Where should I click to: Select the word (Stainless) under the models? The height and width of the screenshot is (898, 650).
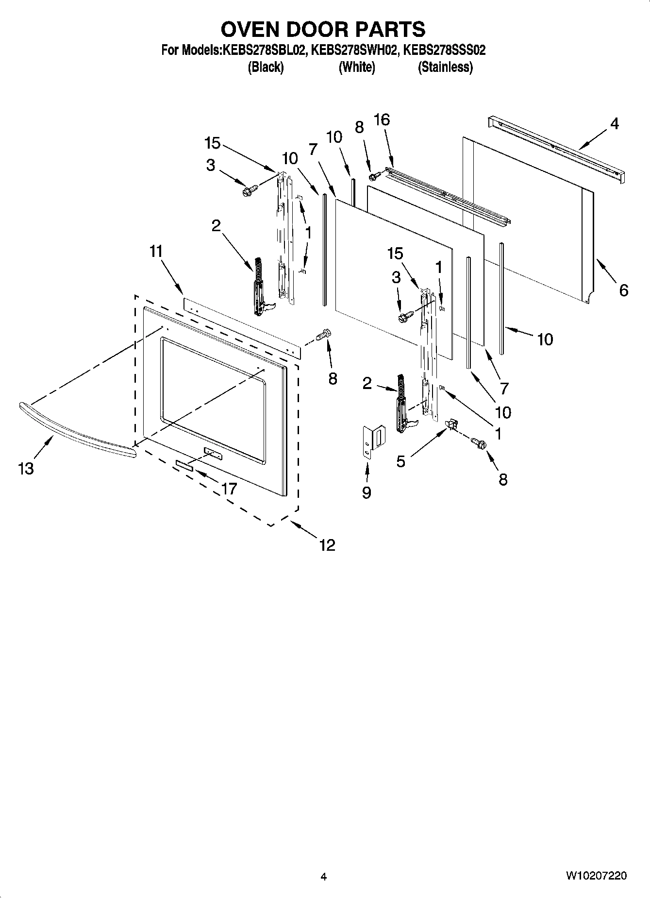[x=445, y=67]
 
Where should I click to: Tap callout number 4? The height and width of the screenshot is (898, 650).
[x=614, y=124]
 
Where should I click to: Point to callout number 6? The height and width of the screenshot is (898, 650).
[x=623, y=290]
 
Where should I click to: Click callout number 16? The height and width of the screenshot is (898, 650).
[x=382, y=119]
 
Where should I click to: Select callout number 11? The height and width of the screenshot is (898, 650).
[x=156, y=252]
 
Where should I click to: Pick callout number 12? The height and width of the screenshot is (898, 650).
[x=327, y=545]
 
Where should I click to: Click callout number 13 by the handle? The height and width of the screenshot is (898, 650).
[x=26, y=469]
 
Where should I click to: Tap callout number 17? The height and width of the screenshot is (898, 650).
[x=229, y=488]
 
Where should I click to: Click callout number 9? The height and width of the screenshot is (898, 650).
[x=367, y=492]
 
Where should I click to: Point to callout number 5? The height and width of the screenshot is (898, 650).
[x=400, y=461]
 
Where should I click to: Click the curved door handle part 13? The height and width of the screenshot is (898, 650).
[x=73, y=426]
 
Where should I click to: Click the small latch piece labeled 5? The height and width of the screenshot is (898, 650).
[x=451, y=424]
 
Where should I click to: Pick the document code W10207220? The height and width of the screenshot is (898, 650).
[x=596, y=876]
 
